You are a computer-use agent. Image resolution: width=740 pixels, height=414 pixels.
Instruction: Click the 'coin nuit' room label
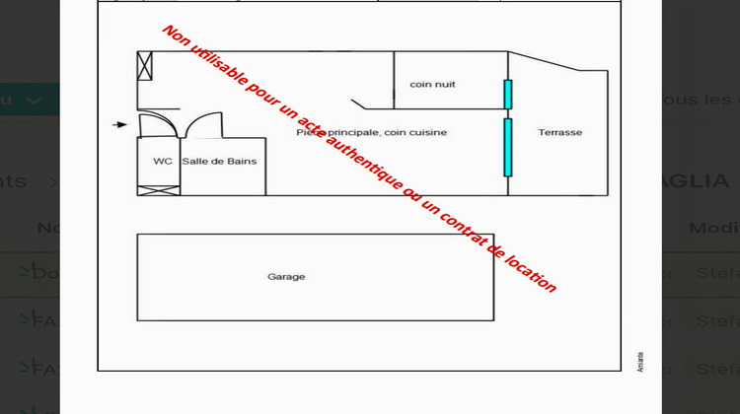(x=432, y=85)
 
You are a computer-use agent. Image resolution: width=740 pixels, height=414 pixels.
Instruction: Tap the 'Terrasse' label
(x=559, y=133)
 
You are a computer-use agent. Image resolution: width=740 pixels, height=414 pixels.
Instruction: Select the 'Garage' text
(x=286, y=277)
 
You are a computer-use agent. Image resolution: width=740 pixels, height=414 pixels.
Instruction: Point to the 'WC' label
(x=163, y=162)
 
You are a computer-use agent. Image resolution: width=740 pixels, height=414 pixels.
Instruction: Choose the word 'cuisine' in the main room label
(x=428, y=133)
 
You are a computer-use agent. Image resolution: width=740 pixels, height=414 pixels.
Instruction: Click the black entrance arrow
(x=119, y=124)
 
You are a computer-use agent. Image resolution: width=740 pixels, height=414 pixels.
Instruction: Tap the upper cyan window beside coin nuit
(x=508, y=95)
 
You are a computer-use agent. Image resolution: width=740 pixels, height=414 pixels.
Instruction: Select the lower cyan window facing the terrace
(x=508, y=147)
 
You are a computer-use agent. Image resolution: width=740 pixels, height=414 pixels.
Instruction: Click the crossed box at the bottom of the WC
(x=158, y=190)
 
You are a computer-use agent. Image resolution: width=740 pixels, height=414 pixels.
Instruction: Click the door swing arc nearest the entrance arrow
(x=158, y=125)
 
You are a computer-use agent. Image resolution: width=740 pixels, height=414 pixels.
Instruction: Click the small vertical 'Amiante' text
(x=640, y=361)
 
